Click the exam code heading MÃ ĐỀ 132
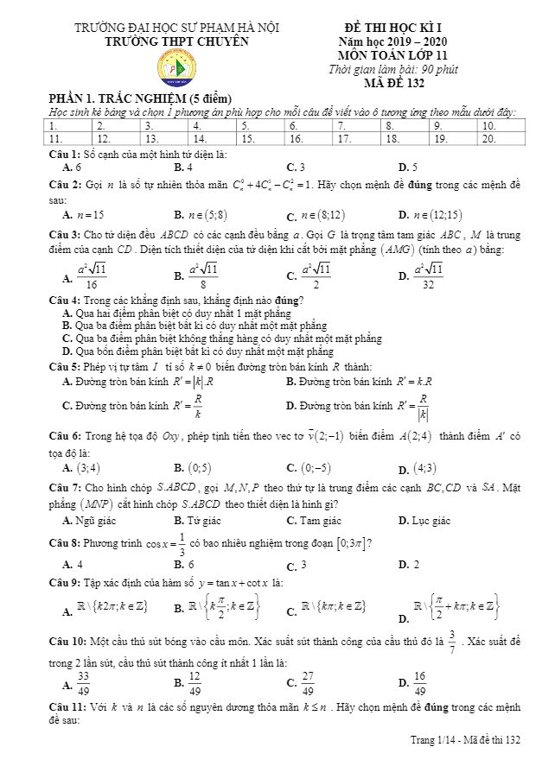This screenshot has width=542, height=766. click(397, 84)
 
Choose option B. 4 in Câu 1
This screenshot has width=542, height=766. click(183, 167)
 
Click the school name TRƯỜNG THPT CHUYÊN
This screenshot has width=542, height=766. click(175, 41)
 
